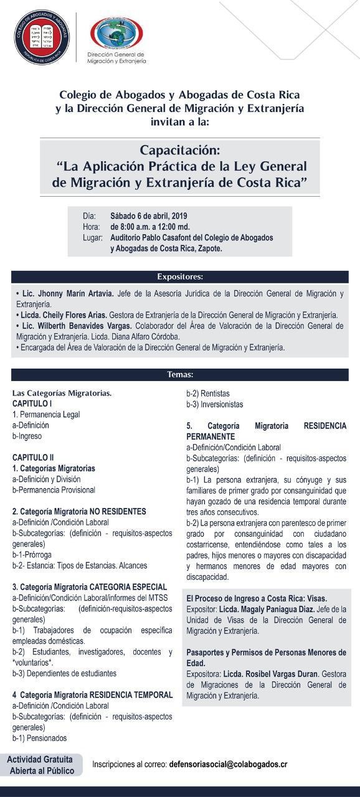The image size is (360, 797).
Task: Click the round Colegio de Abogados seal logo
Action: click(x=42, y=35)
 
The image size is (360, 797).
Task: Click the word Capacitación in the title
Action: click(x=180, y=151)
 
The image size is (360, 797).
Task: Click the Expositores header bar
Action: click(x=179, y=277)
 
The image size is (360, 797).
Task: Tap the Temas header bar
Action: click(x=179, y=375)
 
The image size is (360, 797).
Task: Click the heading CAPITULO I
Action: click(x=32, y=403)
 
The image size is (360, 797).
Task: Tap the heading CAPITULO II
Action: click(x=33, y=457)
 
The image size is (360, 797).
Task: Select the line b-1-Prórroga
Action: click(x=32, y=555)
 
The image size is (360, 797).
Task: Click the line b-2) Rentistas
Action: click(x=208, y=394)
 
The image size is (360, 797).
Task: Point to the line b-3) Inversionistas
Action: click(x=215, y=404)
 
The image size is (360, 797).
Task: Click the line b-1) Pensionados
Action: click(x=39, y=738)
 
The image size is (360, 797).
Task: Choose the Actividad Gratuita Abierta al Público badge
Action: click(x=41, y=765)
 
